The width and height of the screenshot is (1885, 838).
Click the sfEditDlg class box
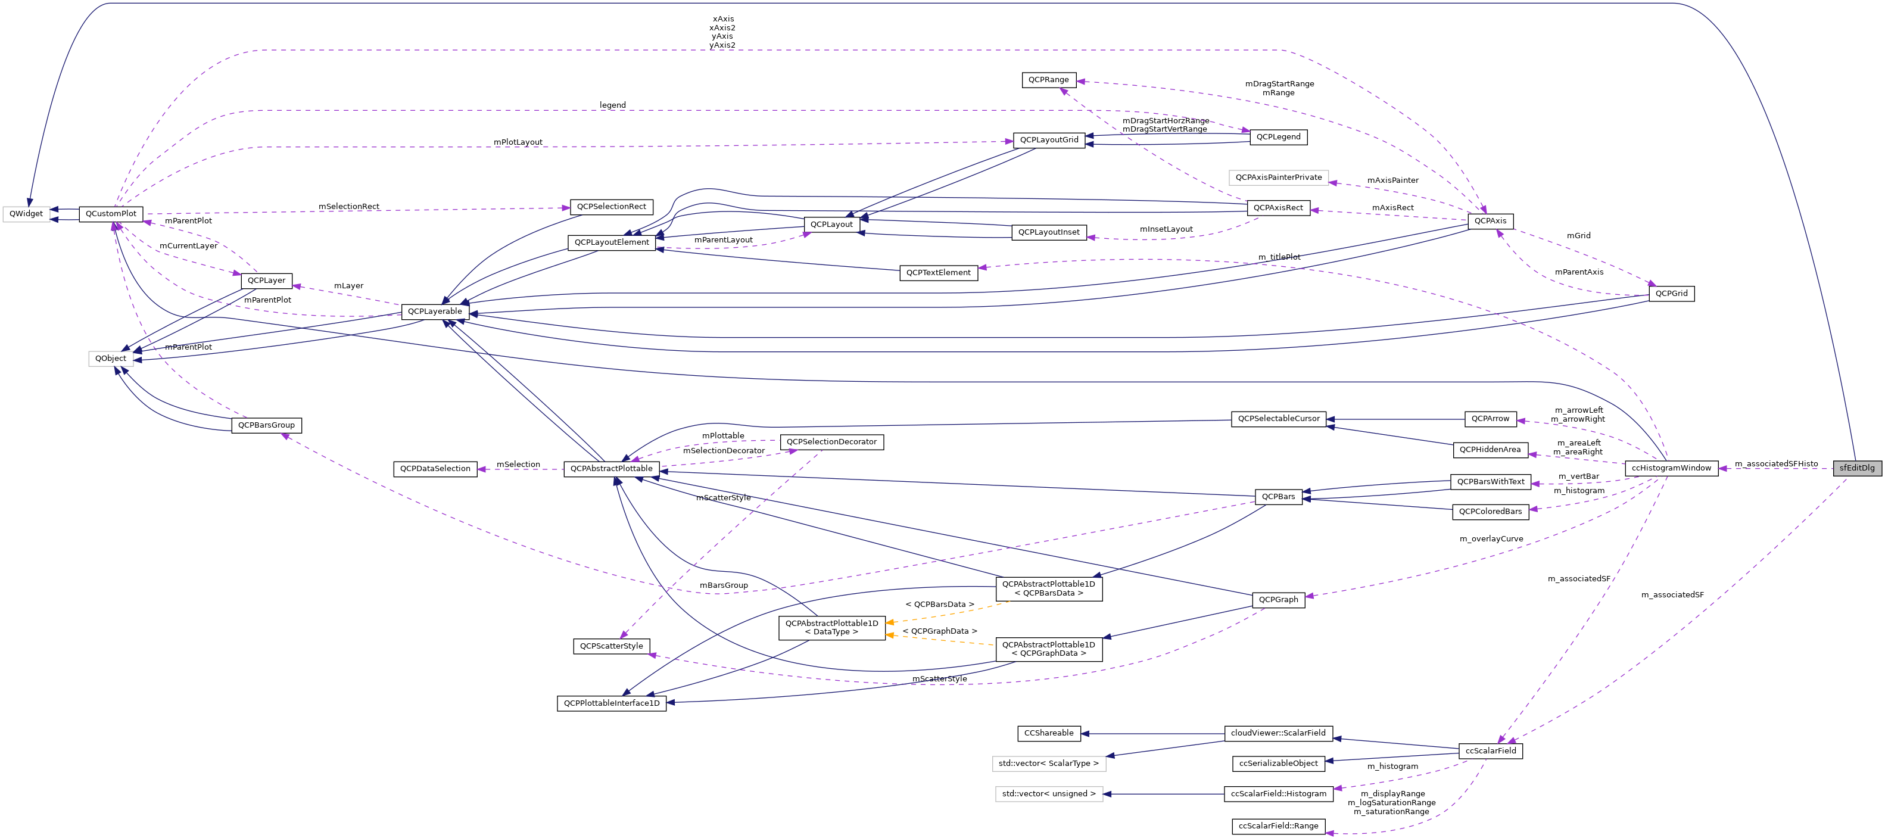[x=1856, y=468]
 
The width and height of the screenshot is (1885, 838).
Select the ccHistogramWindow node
[x=1671, y=468]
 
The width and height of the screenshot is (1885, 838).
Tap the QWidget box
[x=26, y=214]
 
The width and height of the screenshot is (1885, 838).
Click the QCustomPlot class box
[x=111, y=214]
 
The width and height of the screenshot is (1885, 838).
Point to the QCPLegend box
[x=1278, y=137]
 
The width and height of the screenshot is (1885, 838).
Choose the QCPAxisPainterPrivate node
[x=1278, y=177]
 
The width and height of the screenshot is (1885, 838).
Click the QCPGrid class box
[x=1671, y=294]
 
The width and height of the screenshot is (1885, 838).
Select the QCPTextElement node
[x=938, y=272]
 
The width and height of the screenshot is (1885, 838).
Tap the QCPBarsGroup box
[x=266, y=425]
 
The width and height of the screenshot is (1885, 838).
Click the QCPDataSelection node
[x=435, y=468]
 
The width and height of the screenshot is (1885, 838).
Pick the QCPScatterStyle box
[x=611, y=646]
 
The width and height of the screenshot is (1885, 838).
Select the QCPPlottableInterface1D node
[x=611, y=703]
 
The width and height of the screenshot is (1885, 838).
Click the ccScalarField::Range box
[x=1278, y=825]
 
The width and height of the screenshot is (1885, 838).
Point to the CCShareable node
[x=1049, y=733]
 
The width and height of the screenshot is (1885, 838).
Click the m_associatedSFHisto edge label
[x=1776, y=463]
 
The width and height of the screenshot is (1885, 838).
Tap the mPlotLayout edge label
[x=518, y=142]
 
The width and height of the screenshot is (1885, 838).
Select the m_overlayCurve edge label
[x=1491, y=538]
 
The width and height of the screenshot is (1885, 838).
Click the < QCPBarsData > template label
[x=940, y=605]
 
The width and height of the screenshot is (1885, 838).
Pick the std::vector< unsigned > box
[x=1049, y=793]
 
